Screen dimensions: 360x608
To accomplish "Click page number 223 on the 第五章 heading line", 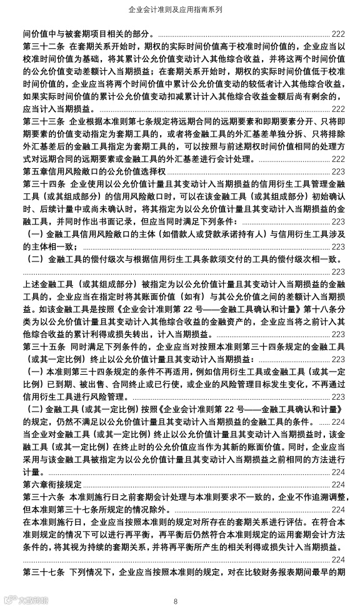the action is click(x=338, y=171).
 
